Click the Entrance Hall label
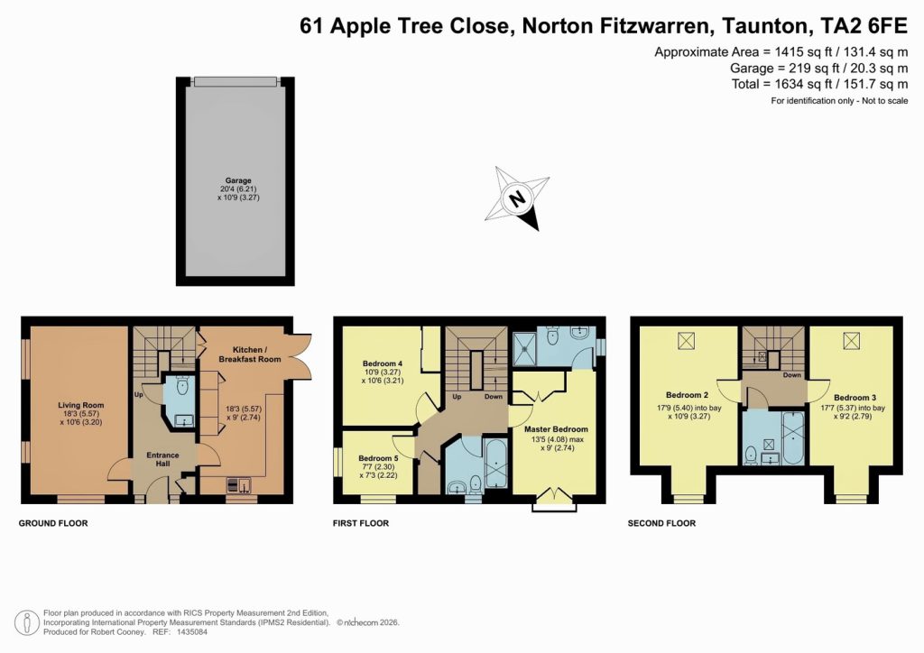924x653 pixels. [x=163, y=461]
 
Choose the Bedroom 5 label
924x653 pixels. [x=377, y=458]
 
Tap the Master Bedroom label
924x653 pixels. [x=556, y=429]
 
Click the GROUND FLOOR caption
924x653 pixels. [x=53, y=523]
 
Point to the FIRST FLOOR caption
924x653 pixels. [x=361, y=523]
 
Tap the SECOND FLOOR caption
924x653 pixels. [x=661, y=523]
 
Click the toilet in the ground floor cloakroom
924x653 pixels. [x=181, y=388]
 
